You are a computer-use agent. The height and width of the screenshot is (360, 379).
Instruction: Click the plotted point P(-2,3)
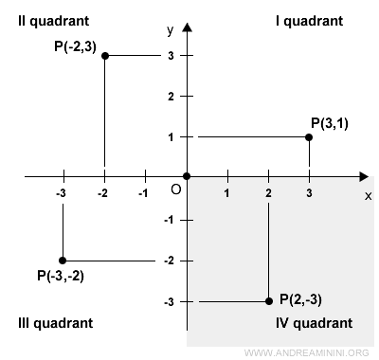[x=104, y=56]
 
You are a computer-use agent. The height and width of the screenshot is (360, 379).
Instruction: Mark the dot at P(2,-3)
[x=268, y=301]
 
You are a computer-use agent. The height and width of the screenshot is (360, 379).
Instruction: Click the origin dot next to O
[x=187, y=176]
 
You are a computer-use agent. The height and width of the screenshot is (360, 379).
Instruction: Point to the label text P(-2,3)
[x=67, y=44]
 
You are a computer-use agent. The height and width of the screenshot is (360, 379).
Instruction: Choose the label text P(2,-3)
[x=300, y=299]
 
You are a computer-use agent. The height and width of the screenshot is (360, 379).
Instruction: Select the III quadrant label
[x=55, y=323]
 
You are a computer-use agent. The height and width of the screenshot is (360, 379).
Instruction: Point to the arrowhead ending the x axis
[x=364, y=176]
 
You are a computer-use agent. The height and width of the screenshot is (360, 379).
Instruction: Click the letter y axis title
[x=170, y=31]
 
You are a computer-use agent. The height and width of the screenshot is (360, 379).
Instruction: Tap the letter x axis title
[x=368, y=195]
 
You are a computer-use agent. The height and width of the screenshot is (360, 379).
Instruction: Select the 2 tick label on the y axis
[x=171, y=97]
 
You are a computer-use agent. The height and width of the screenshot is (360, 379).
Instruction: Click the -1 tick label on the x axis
[x=143, y=193]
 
